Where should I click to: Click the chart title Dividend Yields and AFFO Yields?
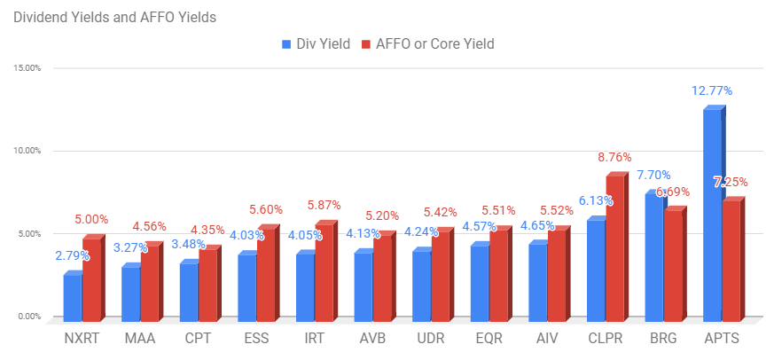[x=114, y=17]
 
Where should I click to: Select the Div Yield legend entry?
[x=316, y=44]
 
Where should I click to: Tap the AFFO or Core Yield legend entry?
[x=427, y=44]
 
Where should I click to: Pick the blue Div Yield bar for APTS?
[x=715, y=212]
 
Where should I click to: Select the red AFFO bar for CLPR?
[x=617, y=246]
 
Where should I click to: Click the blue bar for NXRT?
[x=73, y=295]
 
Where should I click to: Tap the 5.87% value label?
[x=324, y=205]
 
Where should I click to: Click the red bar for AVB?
[x=384, y=275]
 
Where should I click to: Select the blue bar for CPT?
[x=190, y=289]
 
